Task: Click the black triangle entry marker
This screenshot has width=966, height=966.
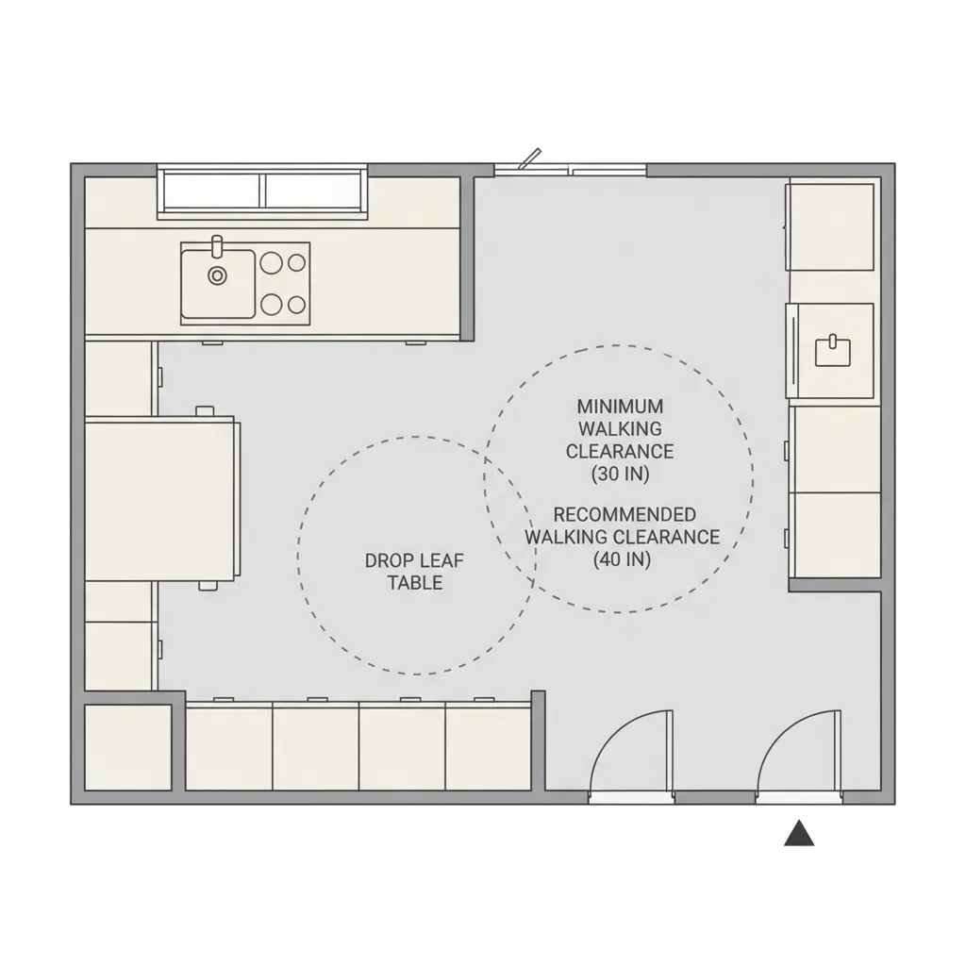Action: (x=799, y=833)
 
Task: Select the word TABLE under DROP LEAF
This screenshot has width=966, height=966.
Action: (x=415, y=583)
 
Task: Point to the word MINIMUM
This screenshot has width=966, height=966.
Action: (x=620, y=407)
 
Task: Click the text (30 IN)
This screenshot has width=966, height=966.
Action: (x=620, y=475)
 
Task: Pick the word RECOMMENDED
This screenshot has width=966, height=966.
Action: (x=625, y=515)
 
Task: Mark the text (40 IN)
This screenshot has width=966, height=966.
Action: (x=622, y=559)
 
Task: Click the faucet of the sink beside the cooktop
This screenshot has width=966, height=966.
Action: (x=217, y=246)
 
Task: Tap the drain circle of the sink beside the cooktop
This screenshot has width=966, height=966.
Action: (x=218, y=275)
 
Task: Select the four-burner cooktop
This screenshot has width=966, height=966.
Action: (x=283, y=282)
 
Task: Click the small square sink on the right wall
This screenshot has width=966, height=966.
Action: (x=833, y=350)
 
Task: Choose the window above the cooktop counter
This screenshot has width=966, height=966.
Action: (x=262, y=191)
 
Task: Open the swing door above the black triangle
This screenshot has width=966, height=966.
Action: (x=800, y=755)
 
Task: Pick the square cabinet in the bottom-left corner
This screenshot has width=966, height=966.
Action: (x=128, y=747)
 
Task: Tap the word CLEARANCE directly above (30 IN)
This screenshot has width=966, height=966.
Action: (x=620, y=452)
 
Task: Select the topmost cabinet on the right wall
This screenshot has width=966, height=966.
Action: (x=831, y=226)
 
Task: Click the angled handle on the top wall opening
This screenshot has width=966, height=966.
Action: (x=531, y=157)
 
